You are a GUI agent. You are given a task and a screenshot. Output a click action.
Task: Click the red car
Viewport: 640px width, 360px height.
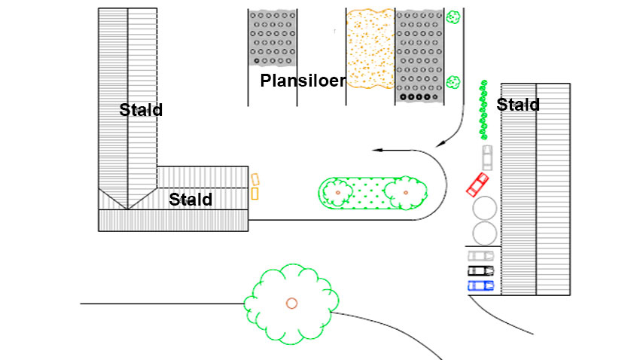[477, 183]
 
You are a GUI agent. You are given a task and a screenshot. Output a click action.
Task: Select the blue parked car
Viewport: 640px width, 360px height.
[480, 285]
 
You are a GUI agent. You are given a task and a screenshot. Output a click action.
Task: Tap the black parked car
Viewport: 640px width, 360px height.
[480, 270]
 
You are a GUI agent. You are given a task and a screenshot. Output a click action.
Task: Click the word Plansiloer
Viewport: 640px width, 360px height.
[302, 81]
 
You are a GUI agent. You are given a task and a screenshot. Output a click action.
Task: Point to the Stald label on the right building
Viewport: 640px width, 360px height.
[518, 105]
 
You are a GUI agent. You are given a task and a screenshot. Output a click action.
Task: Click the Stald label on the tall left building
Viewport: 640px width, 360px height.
[141, 110]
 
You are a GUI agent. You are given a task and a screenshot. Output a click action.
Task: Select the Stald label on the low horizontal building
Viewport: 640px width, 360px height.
[190, 200]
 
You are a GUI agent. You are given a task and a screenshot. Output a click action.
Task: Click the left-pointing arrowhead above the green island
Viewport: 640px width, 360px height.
[377, 151]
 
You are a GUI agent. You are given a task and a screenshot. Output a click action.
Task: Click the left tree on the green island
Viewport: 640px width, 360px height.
[337, 193]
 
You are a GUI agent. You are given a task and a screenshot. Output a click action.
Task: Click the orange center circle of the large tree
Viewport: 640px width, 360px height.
[291, 303]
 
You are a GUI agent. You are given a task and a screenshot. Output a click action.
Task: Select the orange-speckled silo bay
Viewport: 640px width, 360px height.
[370, 47]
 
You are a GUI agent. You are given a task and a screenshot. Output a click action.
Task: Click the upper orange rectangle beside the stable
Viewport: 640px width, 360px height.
[255, 179]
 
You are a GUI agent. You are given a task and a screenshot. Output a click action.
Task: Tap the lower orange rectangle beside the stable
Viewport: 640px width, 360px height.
[254, 194]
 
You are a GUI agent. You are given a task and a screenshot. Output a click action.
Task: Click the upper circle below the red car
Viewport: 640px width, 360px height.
[483, 208]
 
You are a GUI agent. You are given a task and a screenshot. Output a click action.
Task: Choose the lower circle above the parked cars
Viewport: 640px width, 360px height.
[483, 232]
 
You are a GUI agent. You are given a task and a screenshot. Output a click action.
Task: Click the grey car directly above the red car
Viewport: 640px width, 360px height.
[486, 156]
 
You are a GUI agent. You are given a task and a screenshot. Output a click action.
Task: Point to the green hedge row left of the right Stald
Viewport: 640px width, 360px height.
[483, 109]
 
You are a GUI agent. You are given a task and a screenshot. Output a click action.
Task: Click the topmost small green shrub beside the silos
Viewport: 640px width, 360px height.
[453, 16]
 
